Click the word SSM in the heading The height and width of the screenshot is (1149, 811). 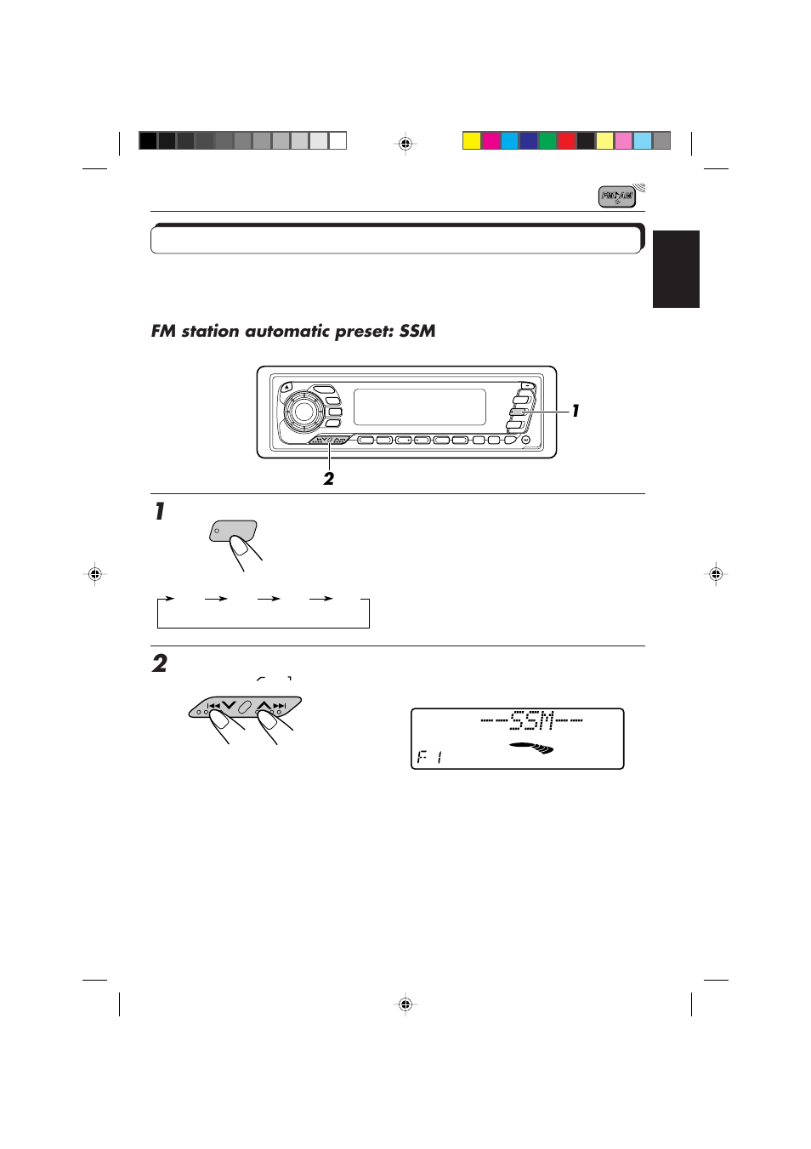point(417,331)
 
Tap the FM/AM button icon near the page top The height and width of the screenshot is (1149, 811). point(617,196)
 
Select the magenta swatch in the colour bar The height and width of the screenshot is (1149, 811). point(491,140)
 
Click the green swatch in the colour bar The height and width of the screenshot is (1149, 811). point(547,140)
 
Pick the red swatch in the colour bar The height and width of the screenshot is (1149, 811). point(566,140)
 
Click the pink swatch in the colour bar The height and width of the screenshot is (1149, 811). point(623,140)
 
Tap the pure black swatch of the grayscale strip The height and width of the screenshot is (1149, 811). point(148,140)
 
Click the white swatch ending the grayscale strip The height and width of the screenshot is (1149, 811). point(337,140)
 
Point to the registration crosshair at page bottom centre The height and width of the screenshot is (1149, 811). point(405,1004)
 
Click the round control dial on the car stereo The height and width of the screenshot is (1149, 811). point(302,412)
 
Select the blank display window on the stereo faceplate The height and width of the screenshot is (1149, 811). point(419,407)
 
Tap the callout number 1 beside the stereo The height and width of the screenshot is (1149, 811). point(576,411)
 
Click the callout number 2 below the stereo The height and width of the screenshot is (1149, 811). point(329,479)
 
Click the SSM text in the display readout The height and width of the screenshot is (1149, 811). point(532,721)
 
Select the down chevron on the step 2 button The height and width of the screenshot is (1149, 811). point(229,705)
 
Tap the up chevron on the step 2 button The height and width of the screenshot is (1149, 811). point(264,705)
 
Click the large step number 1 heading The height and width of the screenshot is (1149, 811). point(160,511)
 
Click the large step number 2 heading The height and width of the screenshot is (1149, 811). point(160,663)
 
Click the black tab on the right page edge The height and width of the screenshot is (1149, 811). point(676,269)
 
